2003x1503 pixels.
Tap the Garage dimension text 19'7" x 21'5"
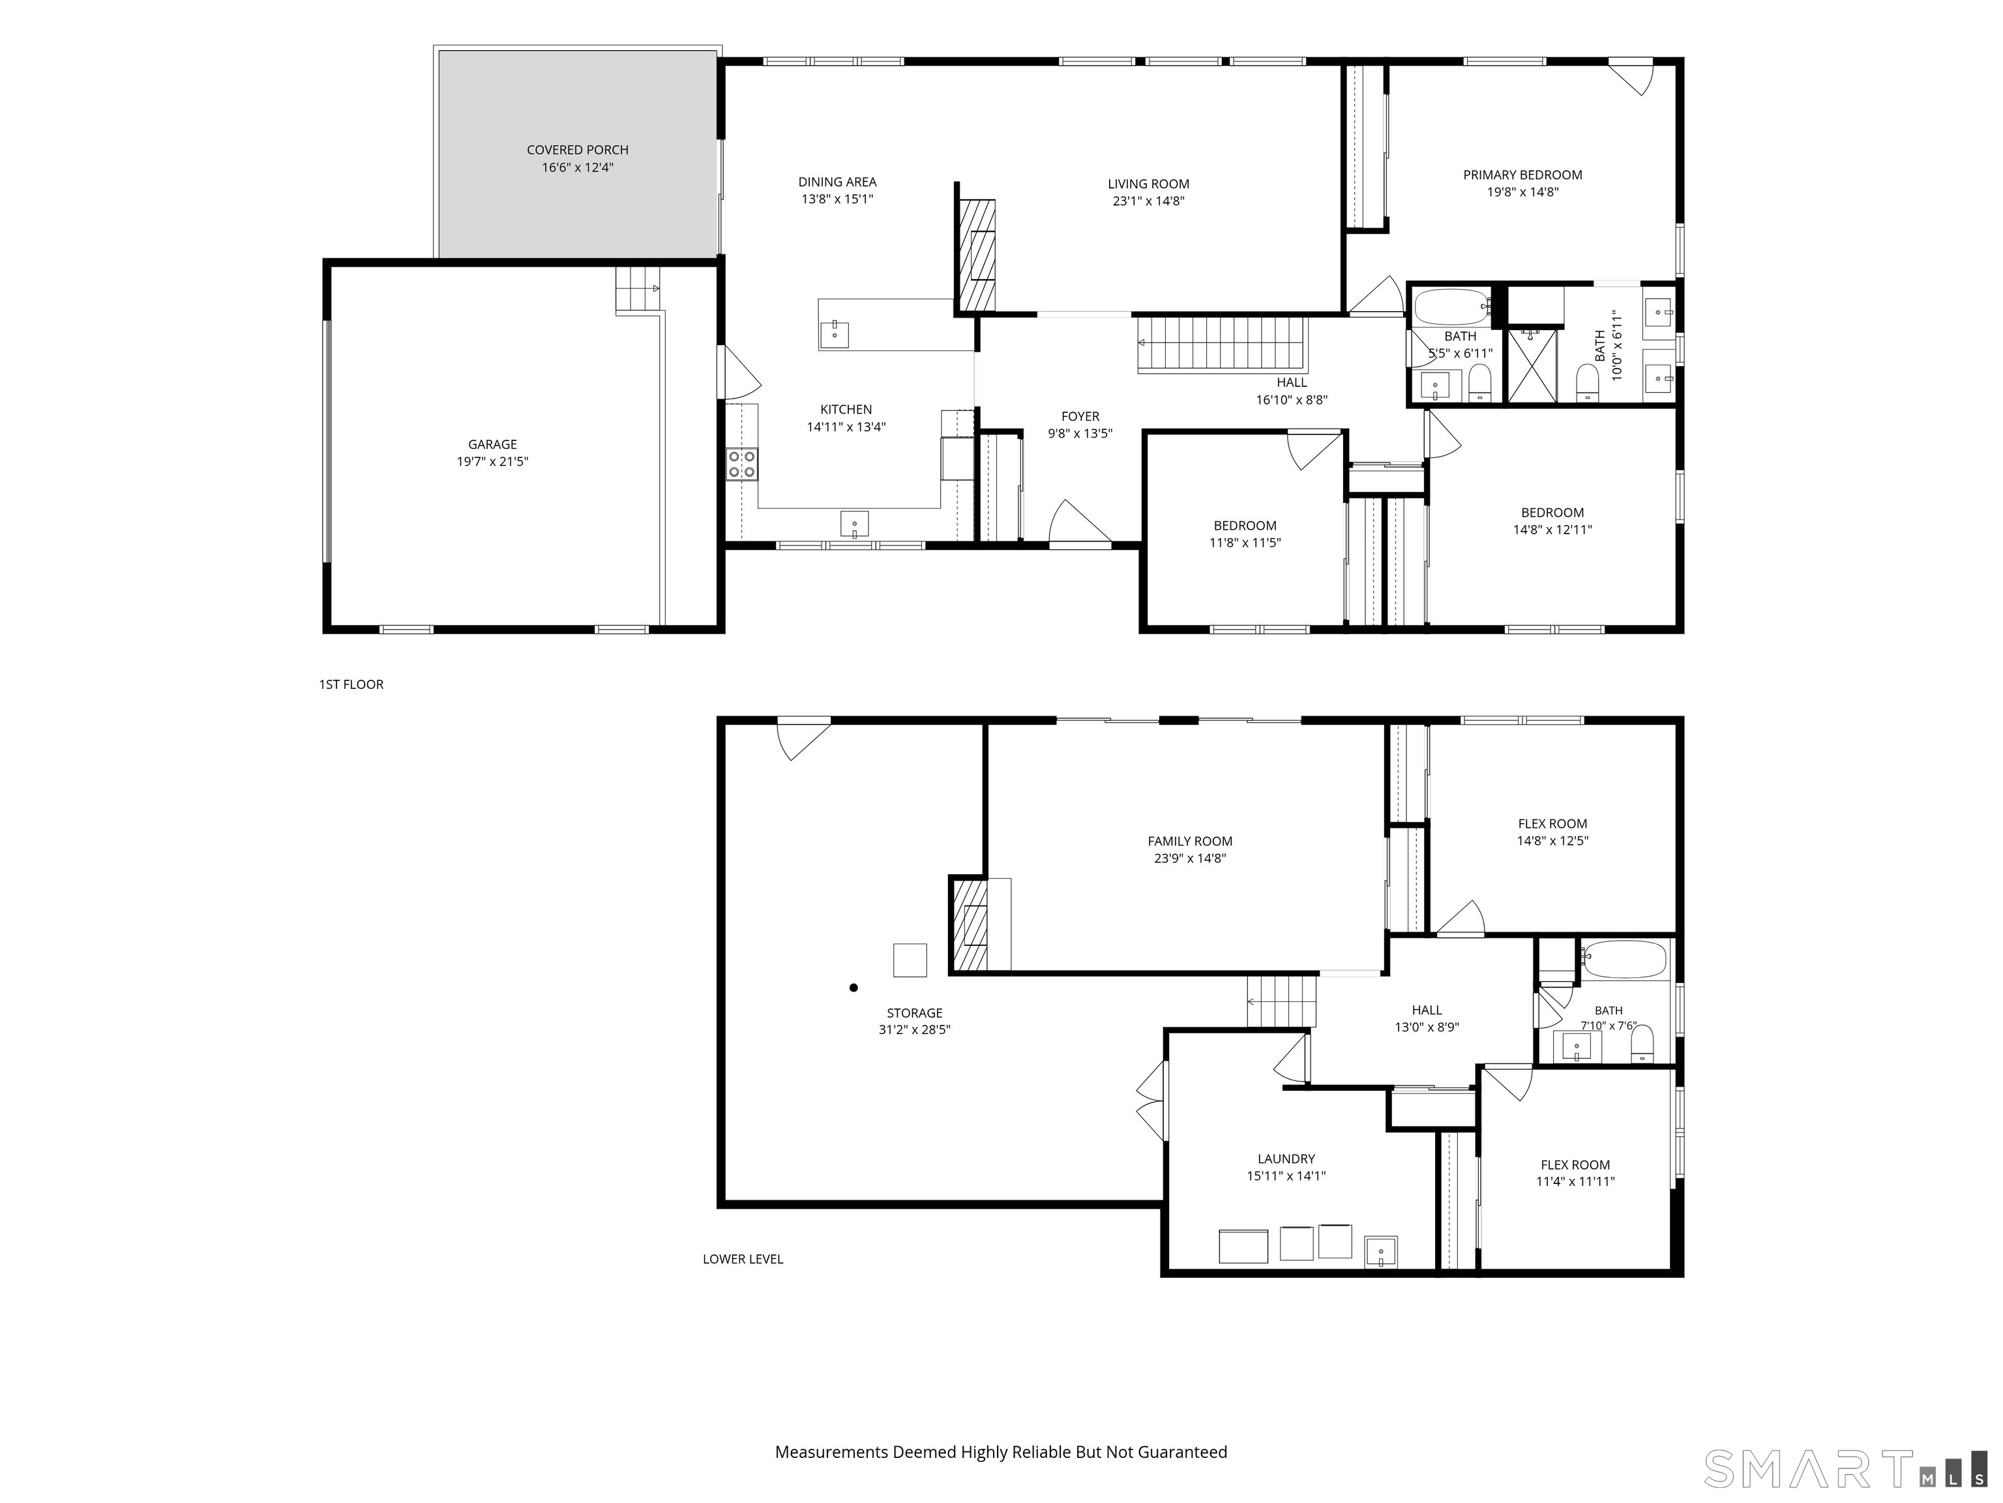point(493,461)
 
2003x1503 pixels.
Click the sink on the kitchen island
point(834,333)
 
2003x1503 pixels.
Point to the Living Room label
point(1148,184)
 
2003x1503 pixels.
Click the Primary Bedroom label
point(1523,175)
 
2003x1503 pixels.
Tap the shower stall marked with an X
point(1531,365)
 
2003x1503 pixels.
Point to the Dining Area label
point(838,182)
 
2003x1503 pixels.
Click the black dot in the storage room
point(853,988)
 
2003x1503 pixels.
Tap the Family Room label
point(1190,842)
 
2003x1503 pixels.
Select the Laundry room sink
point(1381,1251)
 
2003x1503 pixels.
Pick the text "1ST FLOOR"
point(351,684)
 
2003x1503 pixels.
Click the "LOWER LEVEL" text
point(743,1258)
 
